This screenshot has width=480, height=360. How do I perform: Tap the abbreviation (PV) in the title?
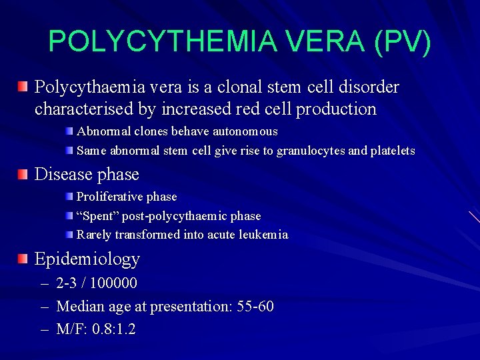(403, 41)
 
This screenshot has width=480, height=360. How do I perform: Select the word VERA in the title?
(321, 41)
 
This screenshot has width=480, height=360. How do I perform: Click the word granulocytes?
(311, 151)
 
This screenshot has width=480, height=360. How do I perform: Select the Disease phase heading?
(87, 174)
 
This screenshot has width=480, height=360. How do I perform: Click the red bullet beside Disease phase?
(23, 174)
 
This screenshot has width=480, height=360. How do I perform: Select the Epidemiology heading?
(87, 259)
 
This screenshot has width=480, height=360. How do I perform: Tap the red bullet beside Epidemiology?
(23, 259)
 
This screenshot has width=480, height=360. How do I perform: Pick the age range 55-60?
(255, 307)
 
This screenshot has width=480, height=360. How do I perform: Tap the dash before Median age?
(44, 307)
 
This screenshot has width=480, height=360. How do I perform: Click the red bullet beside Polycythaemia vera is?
(23, 86)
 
